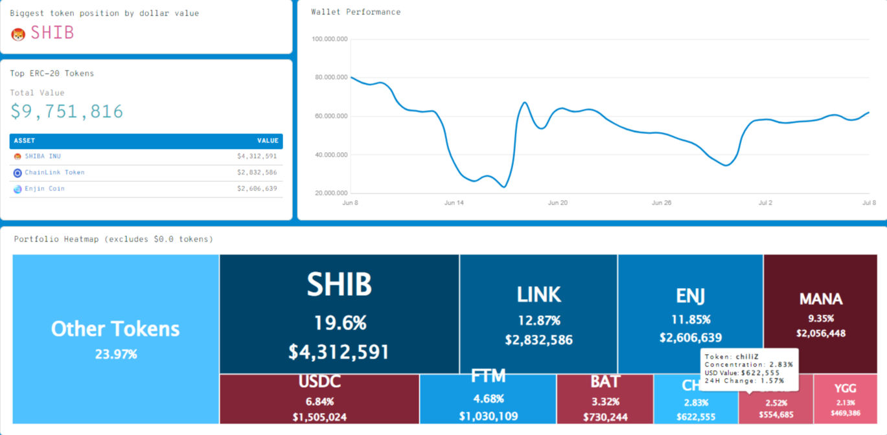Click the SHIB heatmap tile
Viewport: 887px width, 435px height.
coord(339,314)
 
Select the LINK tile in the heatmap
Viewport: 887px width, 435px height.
coord(538,314)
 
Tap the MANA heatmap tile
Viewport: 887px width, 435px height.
coord(820,314)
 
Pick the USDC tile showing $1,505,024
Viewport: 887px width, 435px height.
coord(319,399)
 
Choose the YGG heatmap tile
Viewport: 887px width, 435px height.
coord(845,399)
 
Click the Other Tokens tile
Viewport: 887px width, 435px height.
coord(116,339)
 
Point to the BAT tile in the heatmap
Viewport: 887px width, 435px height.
coord(605,399)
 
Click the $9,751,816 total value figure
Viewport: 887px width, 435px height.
coord(67,112)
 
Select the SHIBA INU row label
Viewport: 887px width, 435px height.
coord(43,157)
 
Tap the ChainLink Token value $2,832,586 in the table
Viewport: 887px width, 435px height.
coord(257,173)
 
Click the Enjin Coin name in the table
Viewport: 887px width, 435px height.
coord(44,189)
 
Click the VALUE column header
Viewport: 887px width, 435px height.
coord(268,140)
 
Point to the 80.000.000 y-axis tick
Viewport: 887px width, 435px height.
coord(330,78)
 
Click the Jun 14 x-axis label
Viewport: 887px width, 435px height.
coord(454,203)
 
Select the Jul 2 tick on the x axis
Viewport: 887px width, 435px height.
coord(765,203)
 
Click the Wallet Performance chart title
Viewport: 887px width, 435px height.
coord(356,12)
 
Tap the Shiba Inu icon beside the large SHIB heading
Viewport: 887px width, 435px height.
coord(18,34)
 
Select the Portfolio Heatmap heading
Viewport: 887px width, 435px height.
coord(113,240)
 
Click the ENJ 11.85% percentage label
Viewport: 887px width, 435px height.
coord(690,320)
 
